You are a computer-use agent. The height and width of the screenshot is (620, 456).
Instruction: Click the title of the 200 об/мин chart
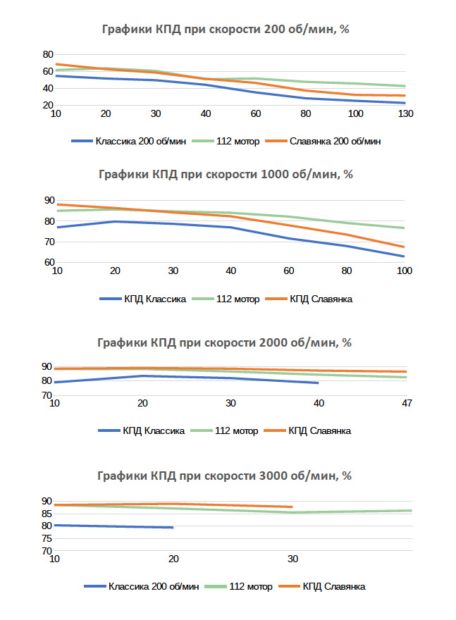click(x=223, y=30)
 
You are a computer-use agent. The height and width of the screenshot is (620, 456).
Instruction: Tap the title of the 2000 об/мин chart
click(x=223, y=343)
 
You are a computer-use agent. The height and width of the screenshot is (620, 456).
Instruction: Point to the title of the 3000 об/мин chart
click(x=223, y=476)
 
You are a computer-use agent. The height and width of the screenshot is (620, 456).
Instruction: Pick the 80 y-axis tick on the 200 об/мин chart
click(x=48, y=55)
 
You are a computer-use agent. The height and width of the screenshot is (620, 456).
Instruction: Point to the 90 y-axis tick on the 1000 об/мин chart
click(x=48, y=201)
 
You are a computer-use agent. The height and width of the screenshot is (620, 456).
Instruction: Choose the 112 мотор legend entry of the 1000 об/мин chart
click(x=235, y=299)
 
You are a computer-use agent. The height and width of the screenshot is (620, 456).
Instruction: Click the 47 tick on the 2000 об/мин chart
click(x=406, y=403)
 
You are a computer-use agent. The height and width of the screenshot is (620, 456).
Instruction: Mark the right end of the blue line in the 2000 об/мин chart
click(x=319, y=383)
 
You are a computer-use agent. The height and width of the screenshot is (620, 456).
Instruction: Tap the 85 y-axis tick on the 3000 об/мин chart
click(x=47, y=513)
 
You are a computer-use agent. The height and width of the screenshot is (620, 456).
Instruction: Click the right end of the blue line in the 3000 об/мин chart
click(x=173, y=527)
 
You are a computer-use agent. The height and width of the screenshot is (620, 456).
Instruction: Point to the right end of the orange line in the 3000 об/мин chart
click(x=292, y=507)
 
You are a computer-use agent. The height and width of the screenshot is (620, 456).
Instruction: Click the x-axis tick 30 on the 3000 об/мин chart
click(x=292, y=559)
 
